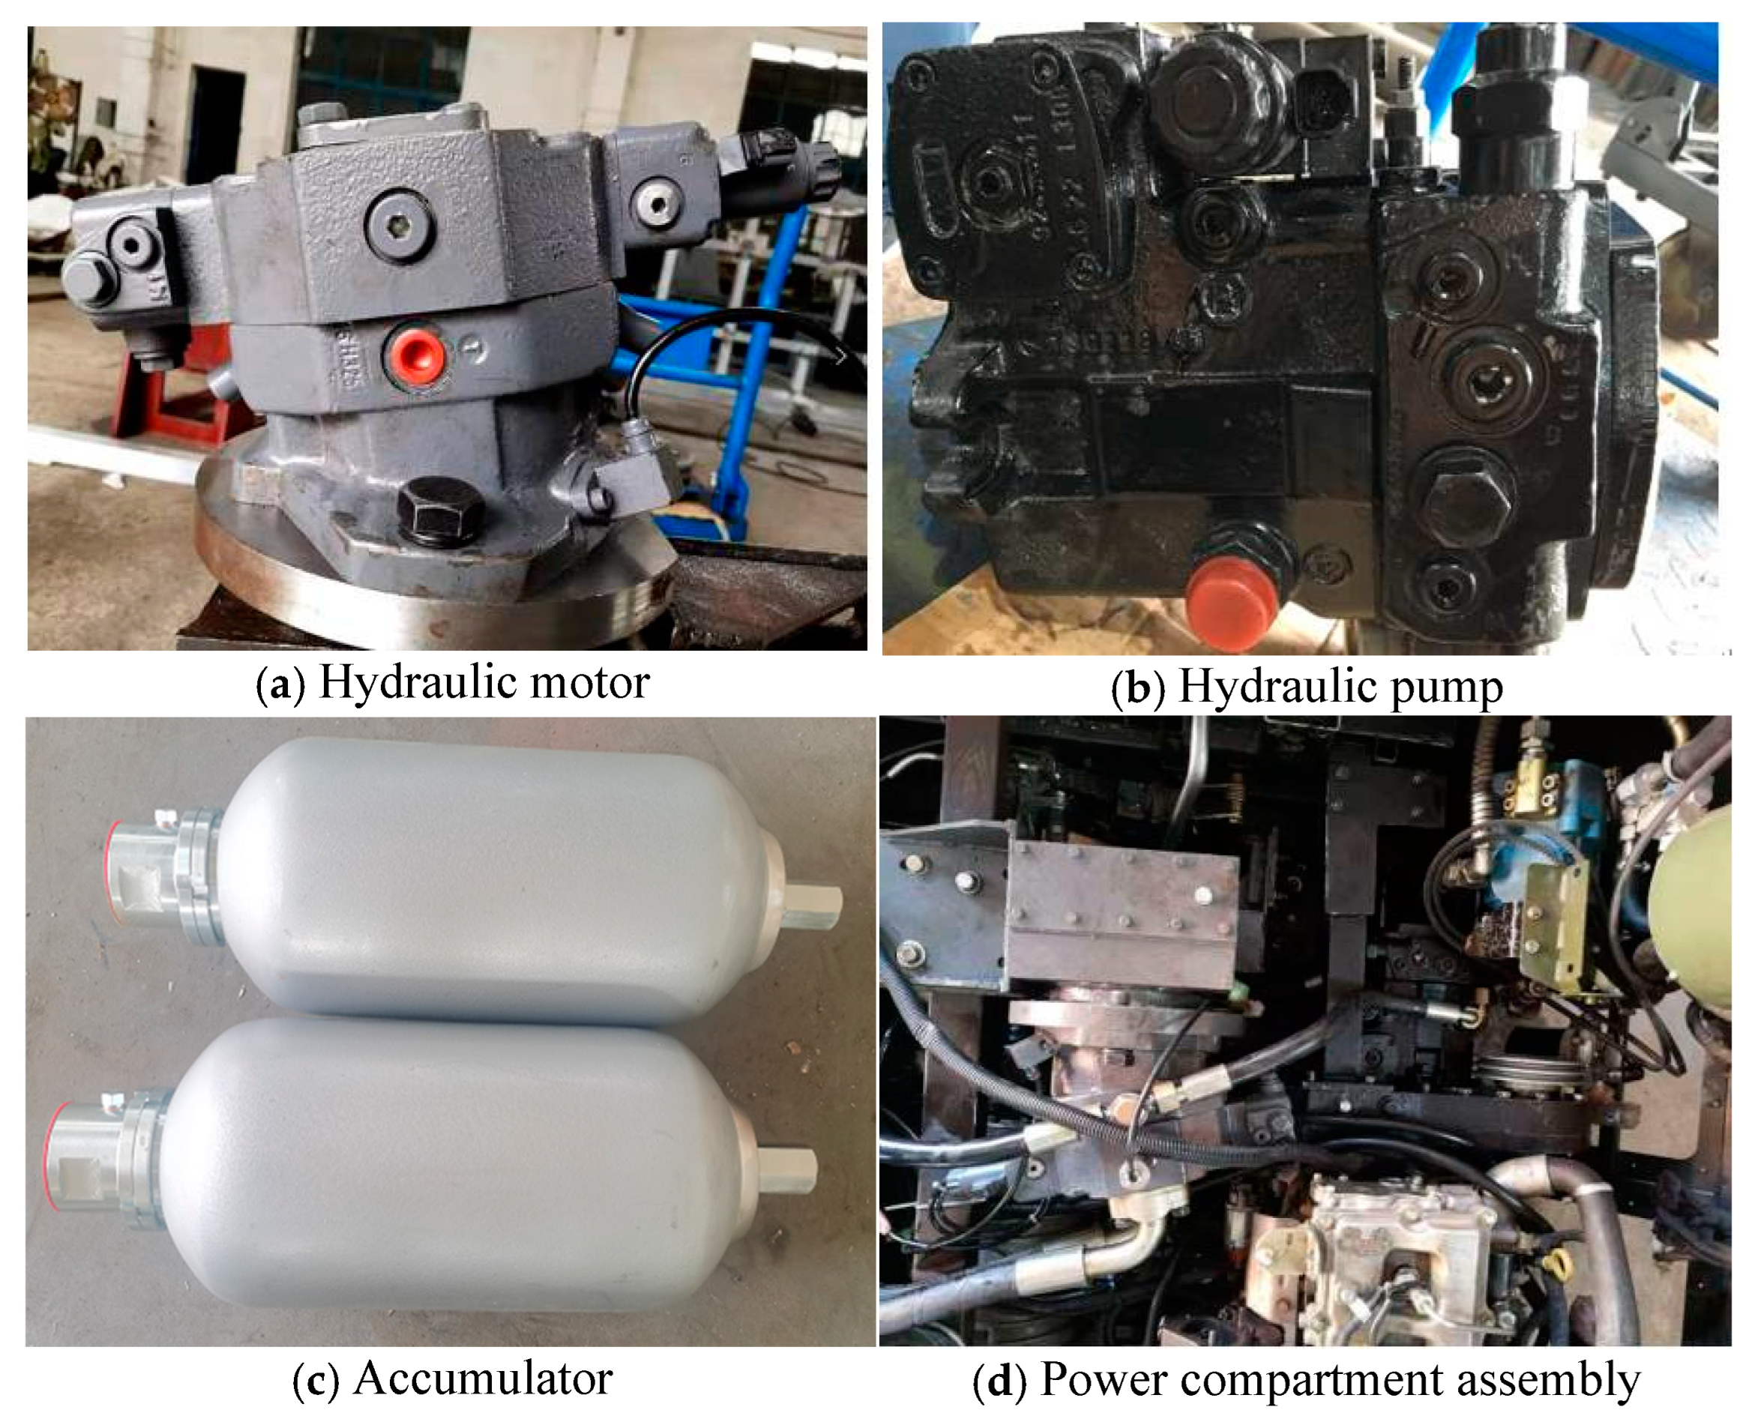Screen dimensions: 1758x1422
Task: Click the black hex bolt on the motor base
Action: coord(440,509)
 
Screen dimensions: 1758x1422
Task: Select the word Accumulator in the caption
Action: coord(484,1379)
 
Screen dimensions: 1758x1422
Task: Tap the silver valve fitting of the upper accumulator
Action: coord(165,877)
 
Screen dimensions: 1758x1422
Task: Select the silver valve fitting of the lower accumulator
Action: coord(107,1160)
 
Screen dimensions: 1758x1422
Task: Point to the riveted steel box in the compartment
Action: coord(1122,910)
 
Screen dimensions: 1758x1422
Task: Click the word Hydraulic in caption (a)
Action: coord(418,682)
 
